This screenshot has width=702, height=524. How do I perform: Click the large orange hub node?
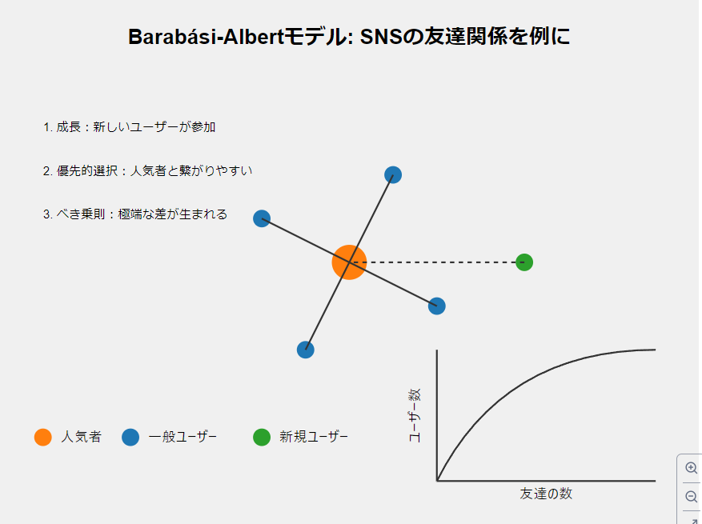click(349, 262)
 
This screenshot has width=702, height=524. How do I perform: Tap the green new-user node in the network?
click(524, 262)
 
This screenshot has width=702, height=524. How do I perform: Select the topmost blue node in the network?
click(393, 174)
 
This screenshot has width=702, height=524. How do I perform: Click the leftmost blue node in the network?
click(262, 218)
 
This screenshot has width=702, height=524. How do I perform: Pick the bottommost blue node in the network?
click(306, 350)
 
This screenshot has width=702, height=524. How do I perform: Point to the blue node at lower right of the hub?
click(436, 306)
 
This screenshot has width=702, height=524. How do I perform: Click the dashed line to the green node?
click(436, 262)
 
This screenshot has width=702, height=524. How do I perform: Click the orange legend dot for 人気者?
click(43, 437)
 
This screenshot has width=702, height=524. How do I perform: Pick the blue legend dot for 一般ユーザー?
click(130, 437)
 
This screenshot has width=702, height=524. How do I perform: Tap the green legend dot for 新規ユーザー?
click(262, 437)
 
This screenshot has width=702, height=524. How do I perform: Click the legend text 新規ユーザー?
click(314, 437)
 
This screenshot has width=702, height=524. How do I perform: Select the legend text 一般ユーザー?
click(183, 437)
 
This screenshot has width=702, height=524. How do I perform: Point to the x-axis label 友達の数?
click(546, 494)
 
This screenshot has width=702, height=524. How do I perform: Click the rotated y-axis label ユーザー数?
click(415, 415)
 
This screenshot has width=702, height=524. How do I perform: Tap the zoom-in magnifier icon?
click(692, 468)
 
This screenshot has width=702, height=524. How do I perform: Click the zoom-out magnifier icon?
click(692, 497)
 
